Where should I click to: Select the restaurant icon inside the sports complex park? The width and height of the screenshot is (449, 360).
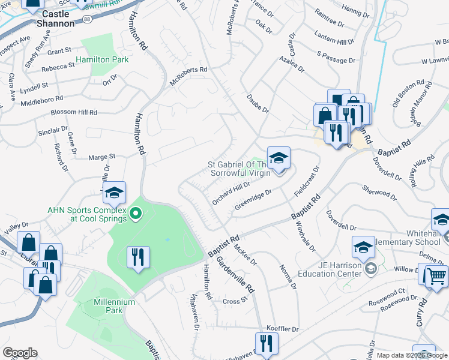tap(139, 257)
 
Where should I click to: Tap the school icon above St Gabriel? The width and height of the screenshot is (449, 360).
tap(279, 158)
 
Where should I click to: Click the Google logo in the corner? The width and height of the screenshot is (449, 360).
tap(20, 353)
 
